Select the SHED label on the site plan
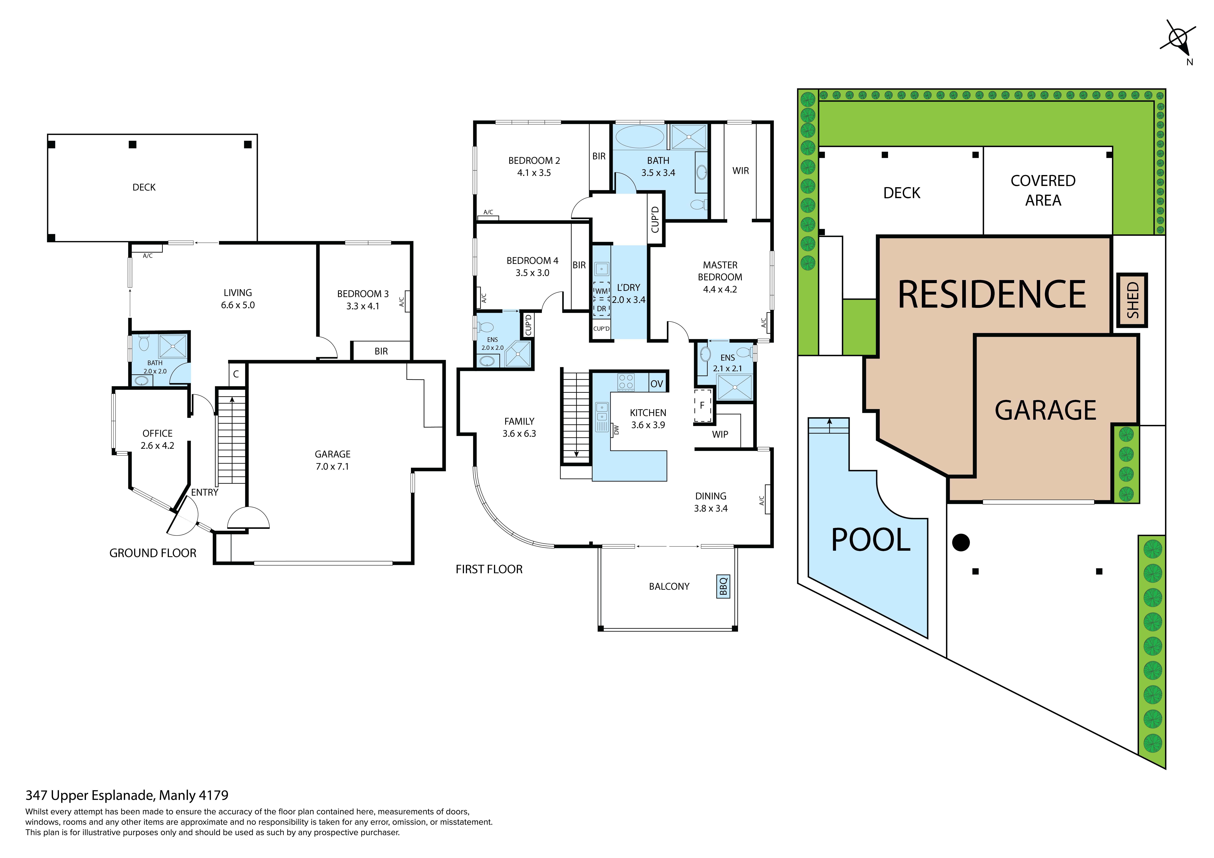(1132, 300)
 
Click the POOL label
(871, 540)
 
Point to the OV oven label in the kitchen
(657, 384)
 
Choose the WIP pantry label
(720, 434)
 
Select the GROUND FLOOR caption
(153, 553)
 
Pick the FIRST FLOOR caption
(489, 569)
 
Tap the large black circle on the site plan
(961, 542)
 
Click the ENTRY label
(205, 492)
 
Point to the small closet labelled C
(236, 374)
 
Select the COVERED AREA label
(1043, 190)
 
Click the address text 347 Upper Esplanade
(90, 795)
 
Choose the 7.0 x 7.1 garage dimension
(333, 466)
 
